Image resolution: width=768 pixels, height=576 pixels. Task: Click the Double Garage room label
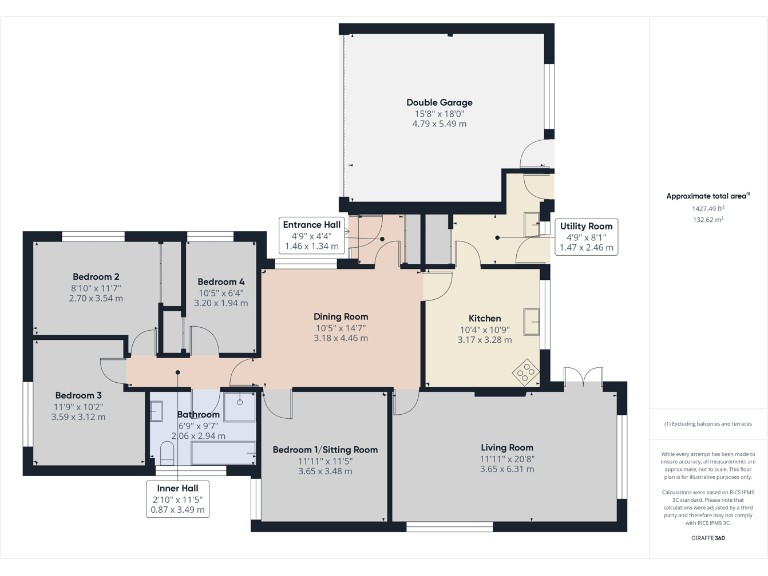[x=439, y=102]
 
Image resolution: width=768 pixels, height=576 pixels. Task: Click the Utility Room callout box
[x=585, y=237]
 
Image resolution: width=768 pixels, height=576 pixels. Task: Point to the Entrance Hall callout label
[x=311, y=235]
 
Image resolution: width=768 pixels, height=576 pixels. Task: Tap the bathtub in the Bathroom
[x=223, y=454]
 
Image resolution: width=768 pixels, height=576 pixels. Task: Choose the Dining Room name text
[x=341, y=316]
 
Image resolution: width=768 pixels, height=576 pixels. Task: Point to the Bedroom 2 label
[x=96, y=276]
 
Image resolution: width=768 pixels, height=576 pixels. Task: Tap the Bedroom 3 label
[x=79, y=394]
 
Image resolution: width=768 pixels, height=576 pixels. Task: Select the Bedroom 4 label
[x=221, y=281]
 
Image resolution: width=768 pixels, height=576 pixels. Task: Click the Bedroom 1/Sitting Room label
[x=325, y=450]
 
